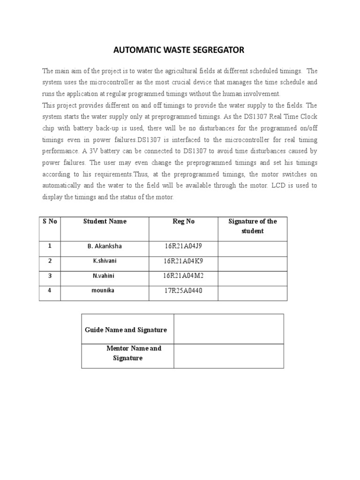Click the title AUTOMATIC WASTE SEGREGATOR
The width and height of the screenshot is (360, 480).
tap(180, 50)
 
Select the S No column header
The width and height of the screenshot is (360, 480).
tap(50, 221)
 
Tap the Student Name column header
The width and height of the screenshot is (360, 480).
tap(105, 221)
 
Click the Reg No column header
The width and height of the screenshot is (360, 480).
tap(183, 221)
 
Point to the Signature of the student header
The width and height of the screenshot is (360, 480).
tap(252, 226)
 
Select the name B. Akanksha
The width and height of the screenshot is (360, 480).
tap(105, 246)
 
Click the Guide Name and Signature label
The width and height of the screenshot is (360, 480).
tap(126, 330)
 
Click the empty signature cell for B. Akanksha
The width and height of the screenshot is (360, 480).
tap(252, 248)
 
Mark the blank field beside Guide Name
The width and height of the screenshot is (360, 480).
tap(229, 329)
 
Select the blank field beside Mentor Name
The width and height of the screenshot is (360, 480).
tap(229, 356)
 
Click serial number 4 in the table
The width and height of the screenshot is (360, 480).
tap(50, 291)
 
